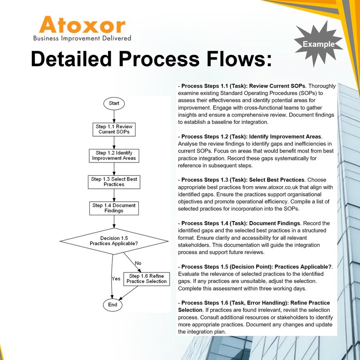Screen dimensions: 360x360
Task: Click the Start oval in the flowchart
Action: pyautogui.click(x=114, y=104)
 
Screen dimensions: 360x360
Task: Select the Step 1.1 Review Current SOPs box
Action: pyautogui.click(x=114, y=129)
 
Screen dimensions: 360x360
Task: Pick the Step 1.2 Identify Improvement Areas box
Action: pyautogui.click(x=114, y=156)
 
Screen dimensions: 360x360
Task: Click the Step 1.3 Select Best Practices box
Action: pyautogui.click(x=114, y=182)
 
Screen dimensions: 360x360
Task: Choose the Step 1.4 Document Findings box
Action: pyautogui.click(x=114, y=208)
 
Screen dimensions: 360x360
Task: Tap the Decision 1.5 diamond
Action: pyautogui.click(x=113, y=241)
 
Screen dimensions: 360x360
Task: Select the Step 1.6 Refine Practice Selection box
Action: pyautogui.click(x=146, y=279)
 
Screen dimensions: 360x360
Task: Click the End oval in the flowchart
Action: pyautogui.click(x=112, y=305)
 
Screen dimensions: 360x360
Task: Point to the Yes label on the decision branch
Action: pyautogui.click(x=116, y=279)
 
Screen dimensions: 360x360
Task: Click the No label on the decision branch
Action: pyautogui.click(x=138, y=263)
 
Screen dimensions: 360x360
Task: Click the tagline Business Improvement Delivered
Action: pyautogui.click(x=82, y=38)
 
